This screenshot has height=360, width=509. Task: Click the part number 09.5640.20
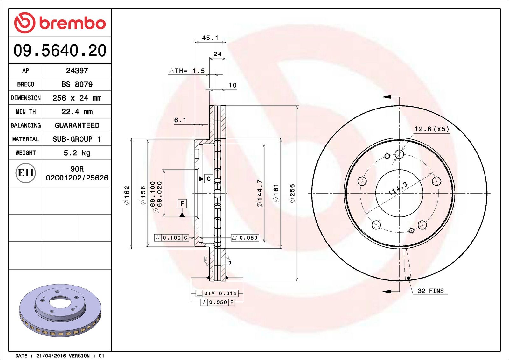tap(60, 51)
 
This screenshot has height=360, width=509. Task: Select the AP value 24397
tap(77, 71)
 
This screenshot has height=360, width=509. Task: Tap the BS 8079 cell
tap(77, 84)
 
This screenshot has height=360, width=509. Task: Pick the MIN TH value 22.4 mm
tap(77, 112)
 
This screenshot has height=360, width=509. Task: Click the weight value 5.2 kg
tap(77, 153)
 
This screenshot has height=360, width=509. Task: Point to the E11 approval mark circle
tap(25, 173)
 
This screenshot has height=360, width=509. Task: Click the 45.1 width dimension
tap(210, 38)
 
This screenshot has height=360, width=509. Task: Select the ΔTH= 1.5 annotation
tap(187, 71)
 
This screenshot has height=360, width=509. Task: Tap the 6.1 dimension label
tap(180, 120)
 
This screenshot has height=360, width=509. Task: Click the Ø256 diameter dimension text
tap(292, 193)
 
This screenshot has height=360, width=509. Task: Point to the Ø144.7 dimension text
tap(260, 193)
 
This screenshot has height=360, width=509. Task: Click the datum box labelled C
tap(208, 179)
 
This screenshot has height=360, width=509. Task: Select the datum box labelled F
tap(182, 203)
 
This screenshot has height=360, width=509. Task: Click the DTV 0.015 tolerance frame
tap(217, 293)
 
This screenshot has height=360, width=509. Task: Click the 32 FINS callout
tap(430, 291)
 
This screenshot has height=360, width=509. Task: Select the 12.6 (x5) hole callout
tap(432, 129)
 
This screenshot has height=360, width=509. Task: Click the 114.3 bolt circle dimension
tap(398, 189)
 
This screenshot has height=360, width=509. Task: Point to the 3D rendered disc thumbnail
tap(60, 310)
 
